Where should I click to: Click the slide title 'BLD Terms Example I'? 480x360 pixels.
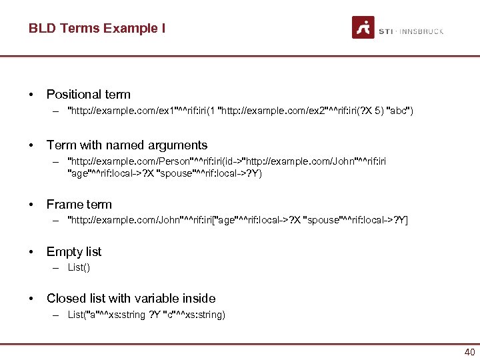click(97, 28)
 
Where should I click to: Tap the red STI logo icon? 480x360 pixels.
click(363, 27)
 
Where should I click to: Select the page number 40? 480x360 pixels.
click(469, 352)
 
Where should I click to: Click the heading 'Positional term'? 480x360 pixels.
click(88, 95)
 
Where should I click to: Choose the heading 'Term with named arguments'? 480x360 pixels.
click(127, 145)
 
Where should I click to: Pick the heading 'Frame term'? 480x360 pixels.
click(79, 204)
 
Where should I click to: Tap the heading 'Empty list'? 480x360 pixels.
click(74, 251)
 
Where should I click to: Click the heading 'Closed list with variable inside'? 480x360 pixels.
click(131, 298)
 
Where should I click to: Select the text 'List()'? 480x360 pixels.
click(79, 267)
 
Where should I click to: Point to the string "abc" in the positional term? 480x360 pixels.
click(399, 111)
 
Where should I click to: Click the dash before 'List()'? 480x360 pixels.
click(57, 267)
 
